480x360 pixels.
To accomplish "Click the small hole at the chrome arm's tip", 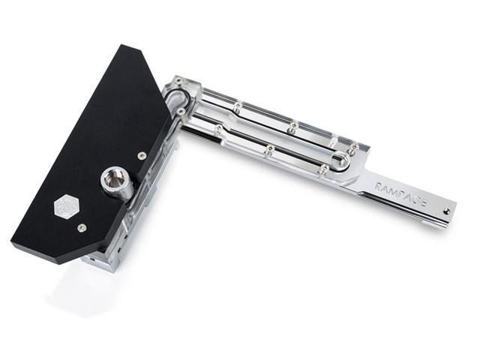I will coord(447,211).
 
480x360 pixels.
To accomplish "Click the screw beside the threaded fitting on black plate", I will coord(142,155).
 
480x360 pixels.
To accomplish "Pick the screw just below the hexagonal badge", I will coord(82,227).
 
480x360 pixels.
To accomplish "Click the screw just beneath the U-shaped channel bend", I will coord(181,111).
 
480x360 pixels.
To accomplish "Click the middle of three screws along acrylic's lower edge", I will coord(268,150).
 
